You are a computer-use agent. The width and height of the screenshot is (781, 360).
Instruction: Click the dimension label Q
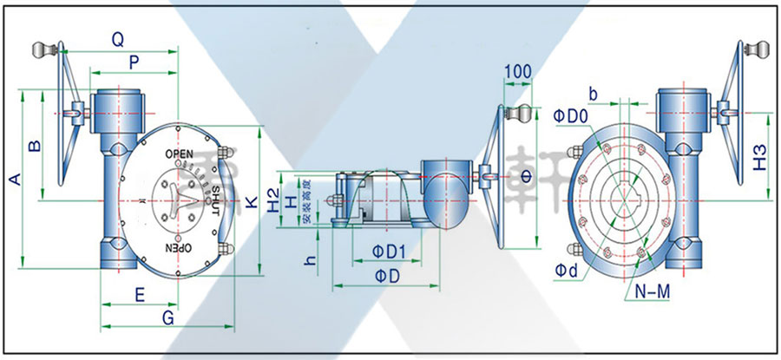point(118,38)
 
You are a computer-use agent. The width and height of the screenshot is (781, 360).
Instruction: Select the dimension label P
point(133,62)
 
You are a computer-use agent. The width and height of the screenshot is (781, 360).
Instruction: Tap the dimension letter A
point(12,179)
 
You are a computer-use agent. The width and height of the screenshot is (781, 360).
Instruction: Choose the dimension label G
point(168,317)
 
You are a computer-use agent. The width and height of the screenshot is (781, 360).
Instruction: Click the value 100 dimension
point(517,70)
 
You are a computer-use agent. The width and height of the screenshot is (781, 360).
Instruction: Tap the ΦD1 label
point(390,252)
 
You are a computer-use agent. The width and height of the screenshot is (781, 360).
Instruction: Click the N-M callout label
point(653,293)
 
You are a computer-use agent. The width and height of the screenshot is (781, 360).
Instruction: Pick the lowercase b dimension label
point(594,92)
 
